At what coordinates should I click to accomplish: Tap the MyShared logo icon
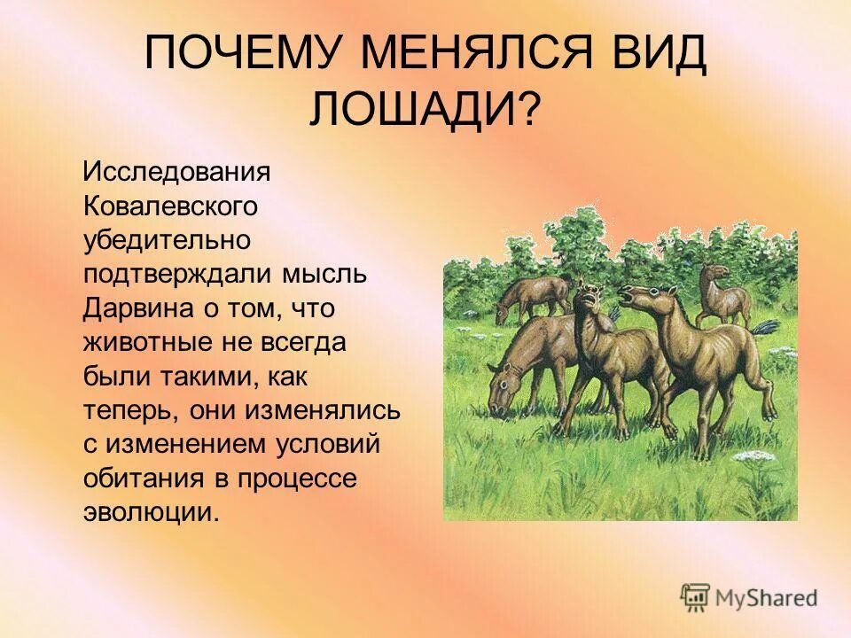coord(695,595)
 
